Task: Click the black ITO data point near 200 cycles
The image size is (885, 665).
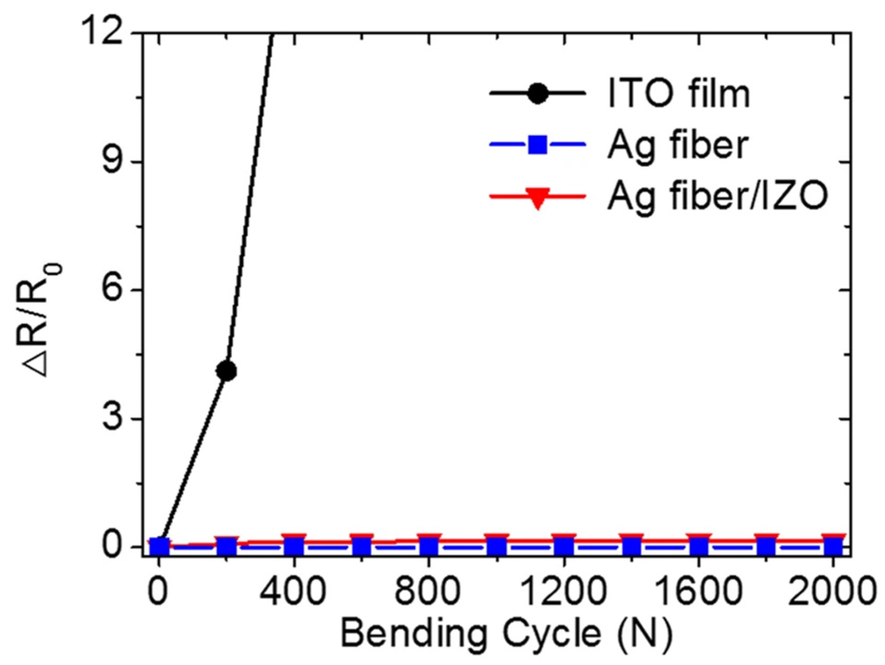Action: (227, 371)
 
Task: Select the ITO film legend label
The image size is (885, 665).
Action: (678, 94)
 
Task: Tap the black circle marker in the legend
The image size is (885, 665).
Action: (537, 94)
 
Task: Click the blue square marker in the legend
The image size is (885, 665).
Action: (537, 144)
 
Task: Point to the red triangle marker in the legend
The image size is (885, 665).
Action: (537, 198)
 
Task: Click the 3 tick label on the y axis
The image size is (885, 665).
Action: (118, 419)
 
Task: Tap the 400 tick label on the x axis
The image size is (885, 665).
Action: (293, 592)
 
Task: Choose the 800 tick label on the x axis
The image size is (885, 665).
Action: (428, 592)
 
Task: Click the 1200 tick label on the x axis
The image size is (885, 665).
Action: (563, 592)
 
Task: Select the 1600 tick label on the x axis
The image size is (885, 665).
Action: (698, 592)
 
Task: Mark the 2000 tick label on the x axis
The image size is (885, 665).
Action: (831, 592)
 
